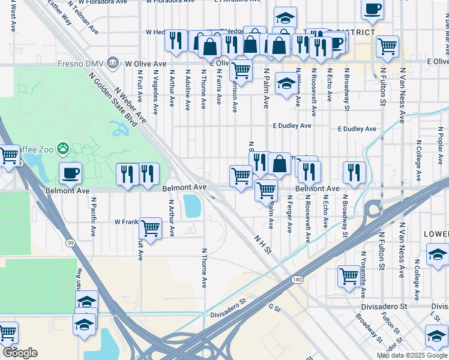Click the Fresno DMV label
(75, 62)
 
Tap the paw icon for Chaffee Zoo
(63, 148)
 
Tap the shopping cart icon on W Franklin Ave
(150, 227)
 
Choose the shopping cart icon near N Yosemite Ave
(349, 275)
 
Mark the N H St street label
(259, 242)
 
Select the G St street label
(275, 307)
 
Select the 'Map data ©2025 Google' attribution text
(411, 355)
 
